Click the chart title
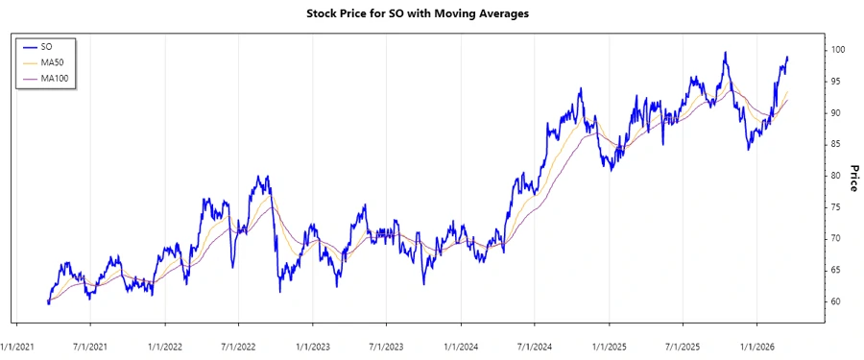431,14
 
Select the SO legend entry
47,46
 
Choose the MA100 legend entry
56,78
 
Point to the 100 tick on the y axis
837,50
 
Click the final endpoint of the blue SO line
788,58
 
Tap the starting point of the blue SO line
48,302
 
